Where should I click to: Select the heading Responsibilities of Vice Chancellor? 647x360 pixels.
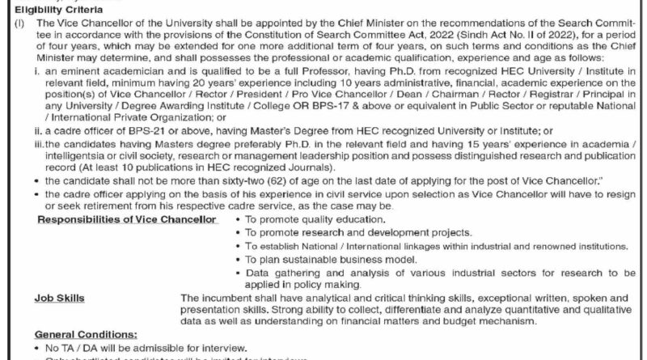[x=127, y=220]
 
